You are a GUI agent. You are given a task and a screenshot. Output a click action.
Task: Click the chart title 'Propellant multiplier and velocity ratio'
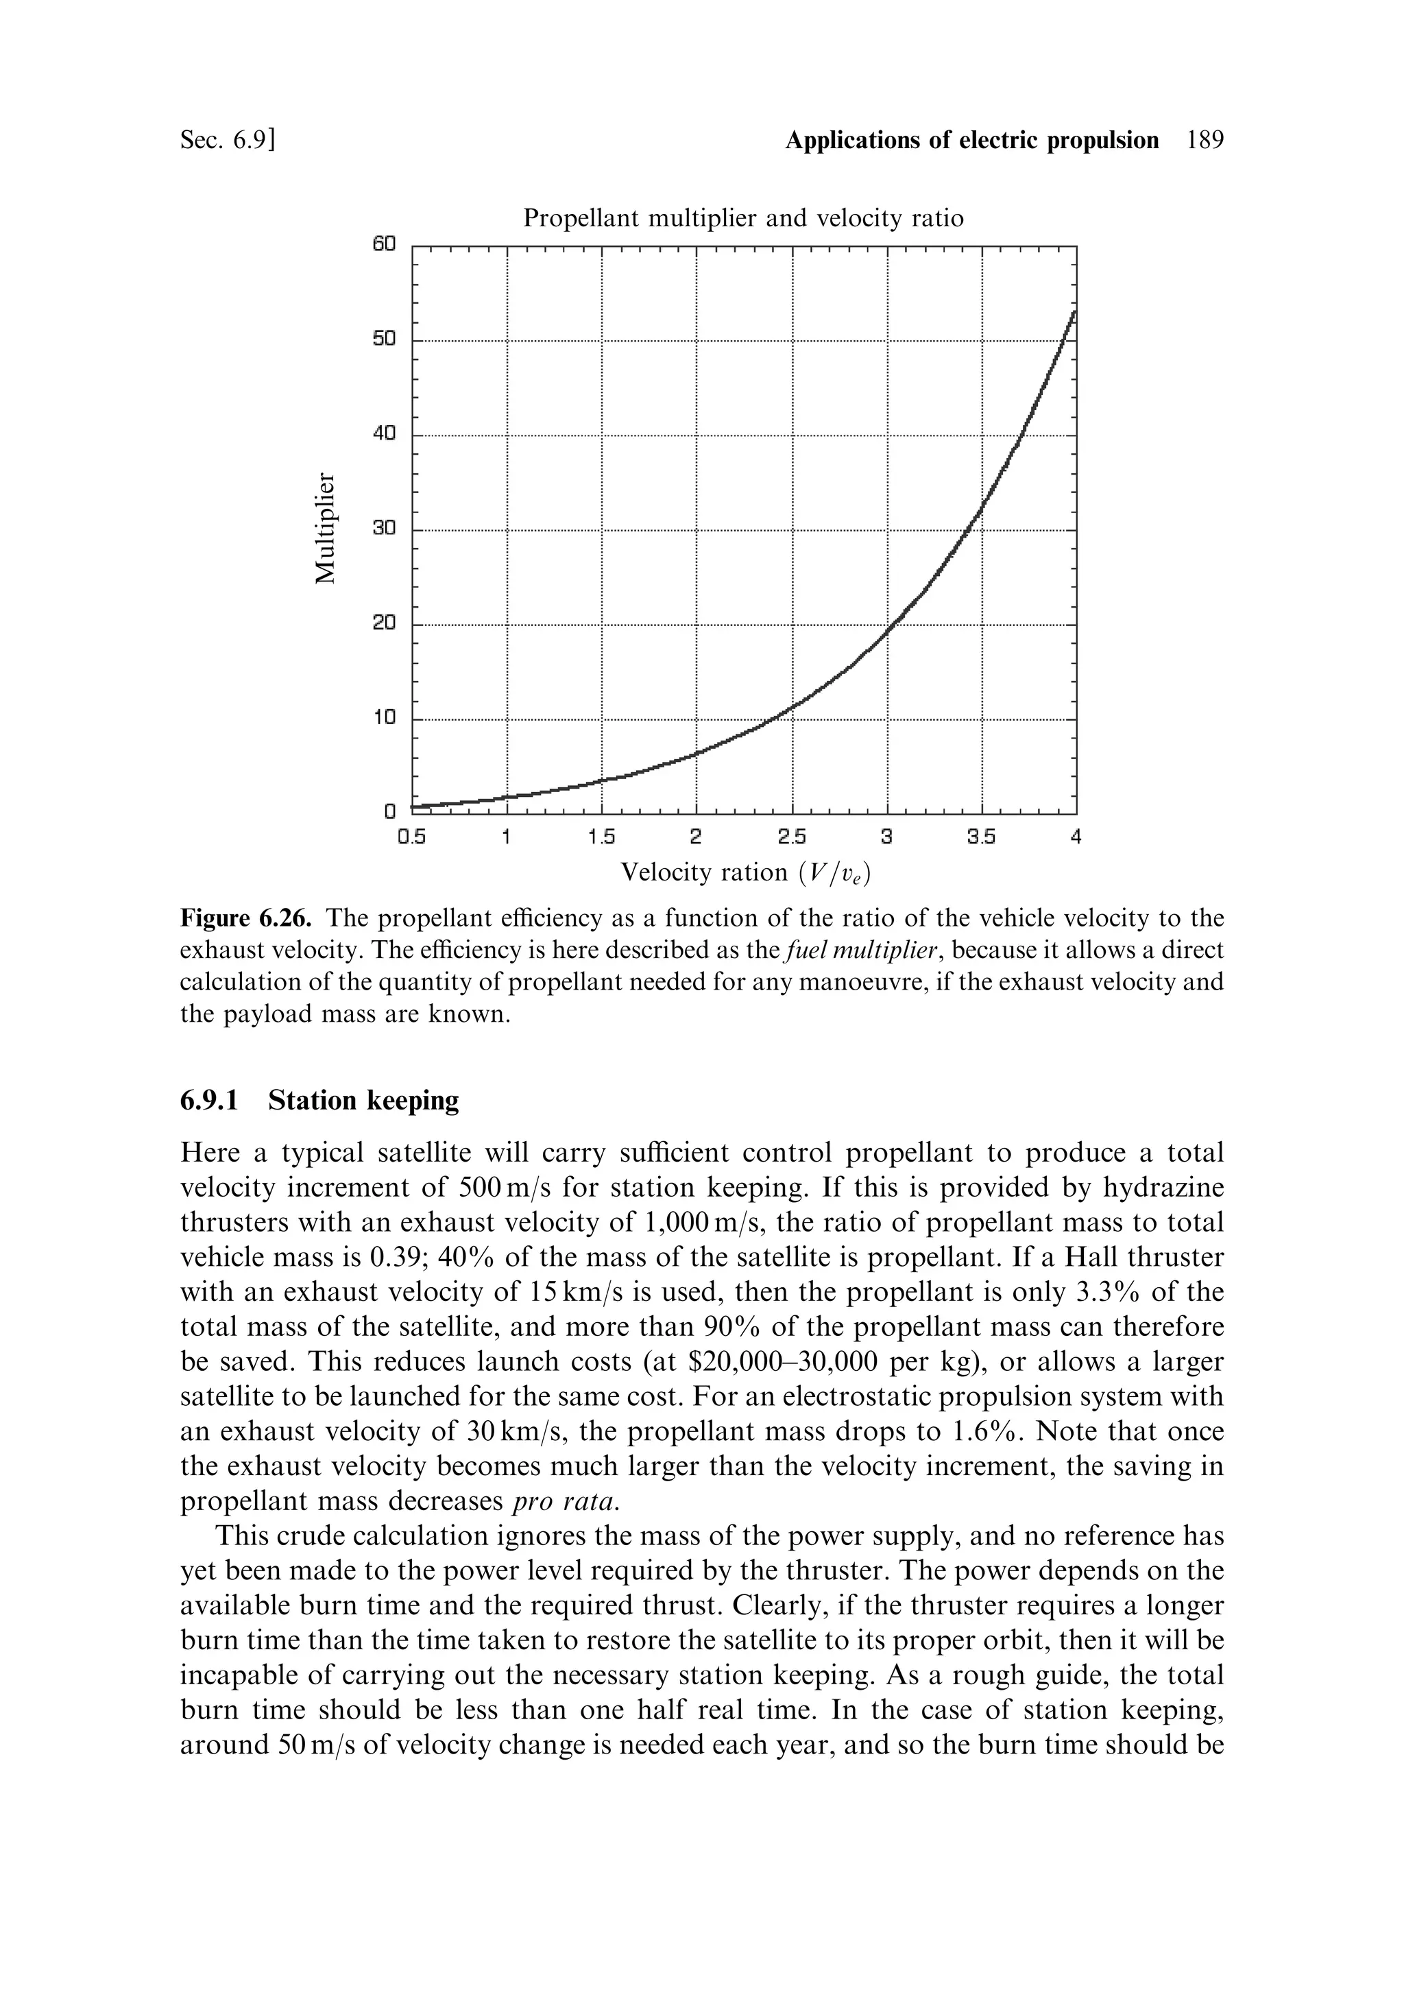[742, 217]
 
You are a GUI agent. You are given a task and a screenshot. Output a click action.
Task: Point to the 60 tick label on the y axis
[384, 245]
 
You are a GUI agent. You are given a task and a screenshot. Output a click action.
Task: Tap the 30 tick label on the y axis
[384, 529]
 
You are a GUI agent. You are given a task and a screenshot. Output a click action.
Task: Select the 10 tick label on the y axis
[384, 718]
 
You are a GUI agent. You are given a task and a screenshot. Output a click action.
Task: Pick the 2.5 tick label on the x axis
[791, 837]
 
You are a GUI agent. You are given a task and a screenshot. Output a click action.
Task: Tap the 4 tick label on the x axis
[1076, 837]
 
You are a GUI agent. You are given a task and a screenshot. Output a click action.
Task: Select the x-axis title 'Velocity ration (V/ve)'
[745, 873]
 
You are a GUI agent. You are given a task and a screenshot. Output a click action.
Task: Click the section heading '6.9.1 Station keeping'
[319, 1101]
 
